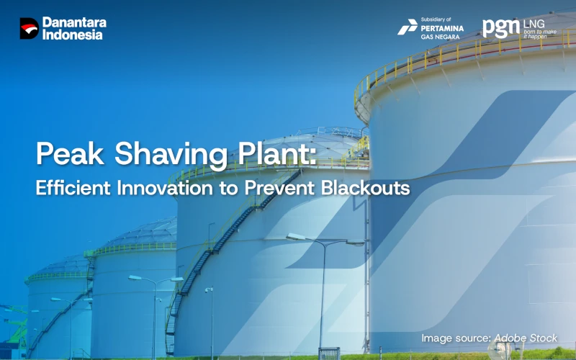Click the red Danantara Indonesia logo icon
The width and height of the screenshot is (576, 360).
[29, 28]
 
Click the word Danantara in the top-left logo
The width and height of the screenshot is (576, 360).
[74, 22]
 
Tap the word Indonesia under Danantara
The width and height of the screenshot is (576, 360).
[72, 35]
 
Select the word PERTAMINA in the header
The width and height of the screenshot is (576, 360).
[442, 27]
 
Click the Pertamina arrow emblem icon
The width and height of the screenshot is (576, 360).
[408, 27]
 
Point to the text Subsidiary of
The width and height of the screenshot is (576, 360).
[436, 19]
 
